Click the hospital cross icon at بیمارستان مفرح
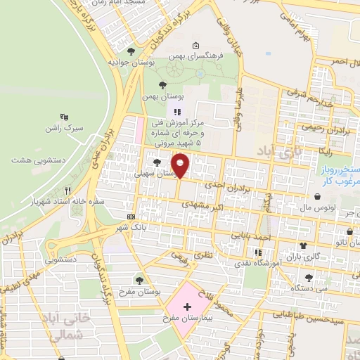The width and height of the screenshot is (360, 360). [x=187, y=307]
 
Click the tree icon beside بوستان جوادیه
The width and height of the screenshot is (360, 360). [x=131, y=51]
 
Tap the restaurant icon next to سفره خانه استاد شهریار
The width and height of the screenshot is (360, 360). [x=68, y=190]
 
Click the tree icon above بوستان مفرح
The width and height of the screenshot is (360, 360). [x=139, y=279]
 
